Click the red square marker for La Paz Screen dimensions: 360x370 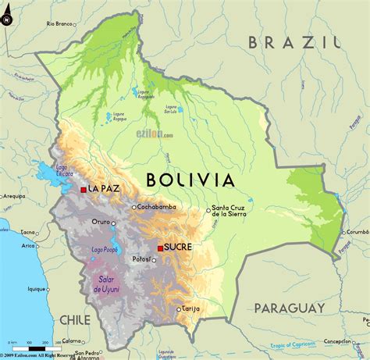click(84, 190)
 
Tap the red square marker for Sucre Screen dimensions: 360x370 click(160, 248)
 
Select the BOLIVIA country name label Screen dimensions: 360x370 click(190, 180)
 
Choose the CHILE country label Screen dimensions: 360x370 click(76, 320)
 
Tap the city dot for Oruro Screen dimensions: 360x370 click(114, 223)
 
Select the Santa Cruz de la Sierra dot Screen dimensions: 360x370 click(208, 209)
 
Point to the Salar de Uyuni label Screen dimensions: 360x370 click(107, 285)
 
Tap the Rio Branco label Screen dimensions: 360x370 click(59, 24)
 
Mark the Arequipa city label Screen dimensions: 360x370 click(13, 198)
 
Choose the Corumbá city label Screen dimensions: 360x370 click(357, 232)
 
